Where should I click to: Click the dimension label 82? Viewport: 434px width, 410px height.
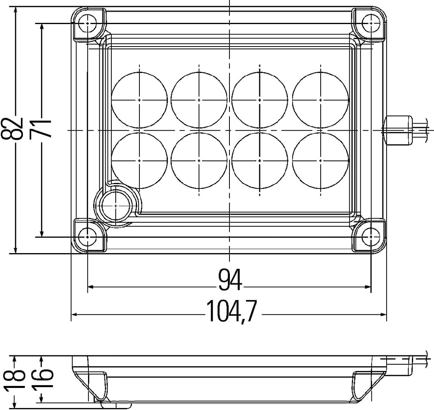coord(12,128)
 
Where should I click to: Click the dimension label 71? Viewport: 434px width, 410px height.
coord(41,128)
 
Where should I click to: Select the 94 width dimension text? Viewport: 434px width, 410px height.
coord(230,279)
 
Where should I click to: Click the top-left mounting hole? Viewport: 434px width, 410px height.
coord(88,24)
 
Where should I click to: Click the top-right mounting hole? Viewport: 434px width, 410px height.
coord(371,24)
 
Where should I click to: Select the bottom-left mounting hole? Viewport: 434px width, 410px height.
coord(88,237)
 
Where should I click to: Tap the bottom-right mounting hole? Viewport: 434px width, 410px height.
coord(371,237)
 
